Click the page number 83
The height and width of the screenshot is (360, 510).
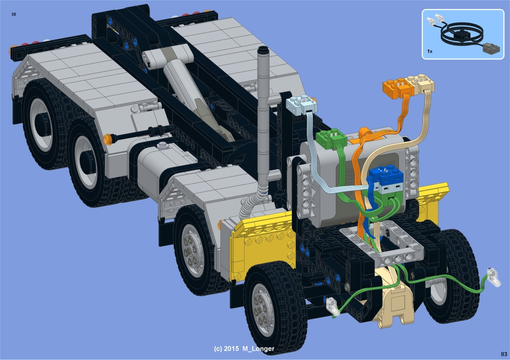[504, 354]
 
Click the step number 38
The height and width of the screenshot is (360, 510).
[13, 14]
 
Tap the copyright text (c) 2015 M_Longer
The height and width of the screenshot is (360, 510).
[244, 349]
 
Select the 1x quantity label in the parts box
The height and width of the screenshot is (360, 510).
[430, 51]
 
